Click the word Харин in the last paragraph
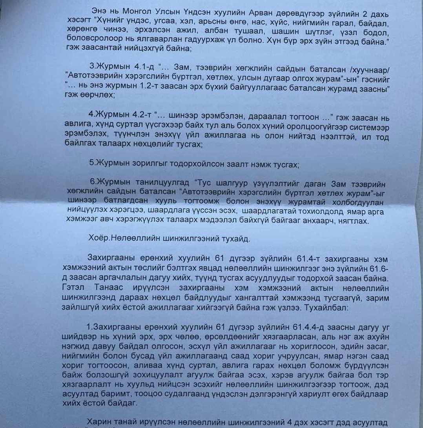click(x=99, y=421)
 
